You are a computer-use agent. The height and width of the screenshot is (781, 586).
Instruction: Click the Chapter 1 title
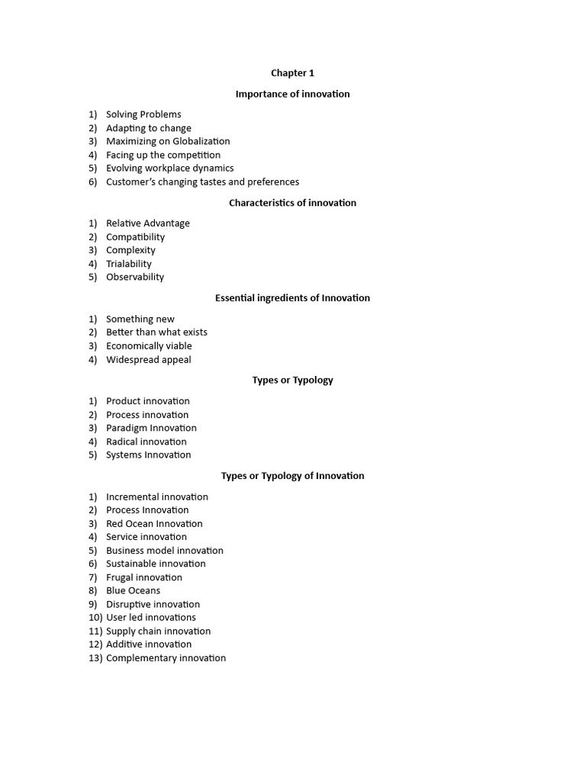coord(292,73)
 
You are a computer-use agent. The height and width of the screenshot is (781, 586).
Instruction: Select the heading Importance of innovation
coord(292,94)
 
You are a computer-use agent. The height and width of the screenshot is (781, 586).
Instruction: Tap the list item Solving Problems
coord(143,114)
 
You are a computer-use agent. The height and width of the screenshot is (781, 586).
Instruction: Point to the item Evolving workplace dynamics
coord(169,168)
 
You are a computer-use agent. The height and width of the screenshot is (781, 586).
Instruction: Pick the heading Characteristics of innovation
coord(292,203)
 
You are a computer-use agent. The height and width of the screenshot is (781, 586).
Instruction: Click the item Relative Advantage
coord(148,223)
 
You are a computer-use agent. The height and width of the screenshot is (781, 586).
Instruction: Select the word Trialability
coord(129,264)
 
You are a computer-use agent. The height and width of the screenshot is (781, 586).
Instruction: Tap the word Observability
coord(135,277)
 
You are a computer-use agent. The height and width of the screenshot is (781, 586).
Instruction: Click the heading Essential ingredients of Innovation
coord(292,298)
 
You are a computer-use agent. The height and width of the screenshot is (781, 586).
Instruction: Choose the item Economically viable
coord(149,346)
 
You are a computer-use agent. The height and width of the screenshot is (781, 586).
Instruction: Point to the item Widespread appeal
coord(149,360)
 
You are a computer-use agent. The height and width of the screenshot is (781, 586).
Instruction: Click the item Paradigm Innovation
coord(151,428)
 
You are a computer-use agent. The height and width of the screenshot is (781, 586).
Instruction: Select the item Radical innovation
coord(146,442)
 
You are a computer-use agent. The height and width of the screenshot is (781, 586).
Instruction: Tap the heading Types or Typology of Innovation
coord(292,476)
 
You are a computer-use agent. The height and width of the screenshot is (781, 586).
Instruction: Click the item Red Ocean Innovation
coord(154,524)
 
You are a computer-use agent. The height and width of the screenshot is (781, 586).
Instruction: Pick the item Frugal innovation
coord(144,577)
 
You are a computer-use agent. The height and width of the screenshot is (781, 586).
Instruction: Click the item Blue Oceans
coord(133,590)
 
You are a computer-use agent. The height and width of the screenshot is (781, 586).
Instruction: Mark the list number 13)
coord(95,658)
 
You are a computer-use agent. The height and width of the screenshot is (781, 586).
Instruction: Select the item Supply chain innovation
coord(158,632)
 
